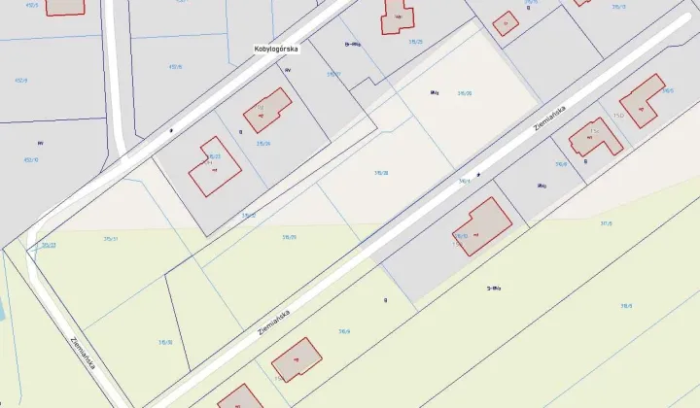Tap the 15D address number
click(618, 116)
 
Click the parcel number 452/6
click(176, 67)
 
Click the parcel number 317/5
click(606, 223)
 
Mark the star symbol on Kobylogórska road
click(171, 129)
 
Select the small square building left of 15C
click(505, 23)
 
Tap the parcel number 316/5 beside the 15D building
click(668, 90)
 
